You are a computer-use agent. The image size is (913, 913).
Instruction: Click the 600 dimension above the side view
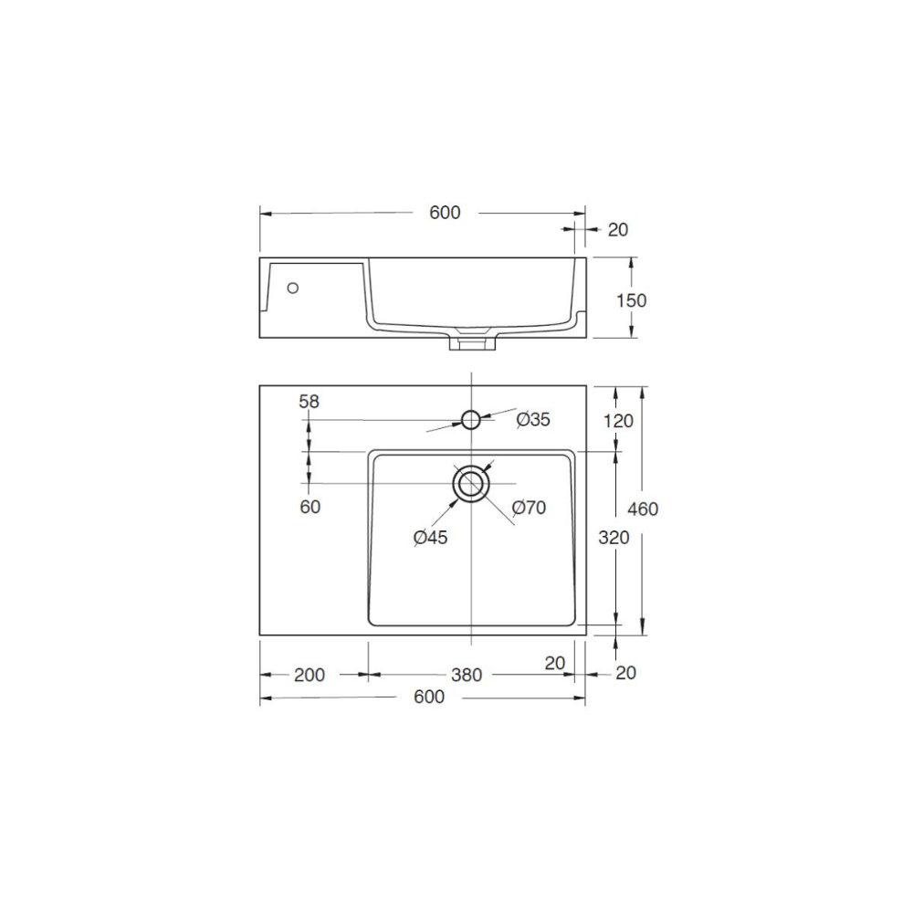tap(445, 213)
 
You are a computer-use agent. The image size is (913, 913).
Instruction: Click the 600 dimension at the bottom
tap(428, 698)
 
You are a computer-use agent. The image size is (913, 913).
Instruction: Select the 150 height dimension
tap(631, 300)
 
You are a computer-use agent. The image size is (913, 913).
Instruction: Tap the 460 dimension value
tap(643, 509)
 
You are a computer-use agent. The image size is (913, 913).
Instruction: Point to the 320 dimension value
tap(614, 539)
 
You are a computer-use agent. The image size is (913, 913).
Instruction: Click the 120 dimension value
tap(618, 421)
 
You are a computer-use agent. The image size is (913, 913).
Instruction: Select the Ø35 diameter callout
tap(533, 419)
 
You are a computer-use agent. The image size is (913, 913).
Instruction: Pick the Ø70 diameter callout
tap(529, 508)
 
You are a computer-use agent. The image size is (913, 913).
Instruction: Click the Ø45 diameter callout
tap(430, 538)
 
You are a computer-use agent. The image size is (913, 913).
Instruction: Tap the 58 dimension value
tap(310, 401)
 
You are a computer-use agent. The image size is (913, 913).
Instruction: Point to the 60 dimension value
tap(310, 507)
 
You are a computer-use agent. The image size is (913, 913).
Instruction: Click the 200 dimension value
tap(310, 675)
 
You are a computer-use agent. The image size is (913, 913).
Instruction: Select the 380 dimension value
tap(467, 675)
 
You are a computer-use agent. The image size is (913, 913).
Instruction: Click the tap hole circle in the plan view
tap(470, 419)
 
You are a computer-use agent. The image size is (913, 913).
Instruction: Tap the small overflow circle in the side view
tap(293, 288)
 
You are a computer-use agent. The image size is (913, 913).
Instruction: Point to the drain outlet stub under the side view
tap(470, 342)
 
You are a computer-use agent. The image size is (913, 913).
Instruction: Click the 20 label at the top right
tap(618, 230)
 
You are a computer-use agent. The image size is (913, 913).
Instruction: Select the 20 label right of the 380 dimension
tap(555, 664)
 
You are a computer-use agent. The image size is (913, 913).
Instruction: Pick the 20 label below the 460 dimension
tap(625, 673)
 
